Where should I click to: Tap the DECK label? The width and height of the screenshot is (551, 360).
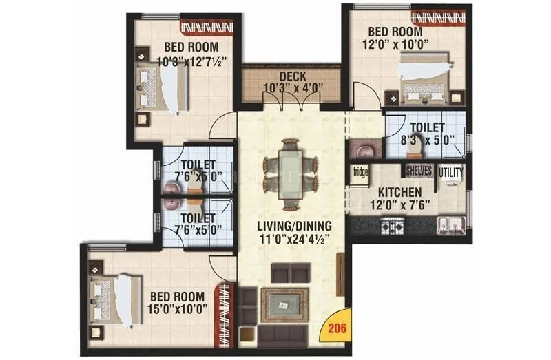pos(292,76)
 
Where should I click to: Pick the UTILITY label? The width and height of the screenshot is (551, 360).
pos(452,171)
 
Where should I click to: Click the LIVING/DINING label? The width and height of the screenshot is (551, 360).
pos(295,226)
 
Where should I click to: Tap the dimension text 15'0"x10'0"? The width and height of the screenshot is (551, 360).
pos(178,308)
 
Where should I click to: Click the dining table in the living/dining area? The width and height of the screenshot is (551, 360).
pos(291,173)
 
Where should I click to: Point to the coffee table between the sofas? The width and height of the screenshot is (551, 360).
pos(282,303)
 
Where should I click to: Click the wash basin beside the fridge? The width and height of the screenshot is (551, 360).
pos(363,148)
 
